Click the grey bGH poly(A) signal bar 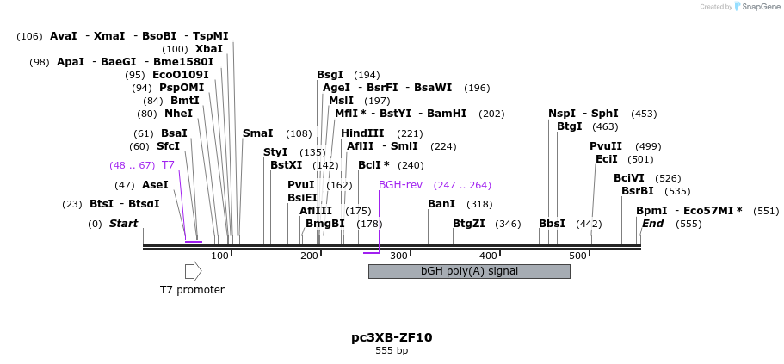click(x=469, y=271)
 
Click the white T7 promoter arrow click(x=193, y=271)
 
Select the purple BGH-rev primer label click(x=400, y=185)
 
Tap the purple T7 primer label click(x=168, y=164)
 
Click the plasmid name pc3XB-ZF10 click(x=392, y=337)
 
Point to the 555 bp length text click(x=392, y=351)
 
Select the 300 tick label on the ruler click(x=398, y=256)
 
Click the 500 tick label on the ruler click(x=577, y=256)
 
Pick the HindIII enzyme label click(x=362, y=133)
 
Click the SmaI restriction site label click(x=257, y=133)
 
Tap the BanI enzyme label click(x=441, y=204)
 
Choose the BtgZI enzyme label click(x=469, y=224)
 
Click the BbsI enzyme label click(x=552, y=224)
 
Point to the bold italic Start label click(x=123, y=224)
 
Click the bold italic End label click(x=652, y=224)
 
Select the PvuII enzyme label click(x=606, y=146)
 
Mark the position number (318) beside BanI click(x=479, y=204)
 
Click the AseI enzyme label click(x=155, y=185)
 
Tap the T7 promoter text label click(x=192, y=290)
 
